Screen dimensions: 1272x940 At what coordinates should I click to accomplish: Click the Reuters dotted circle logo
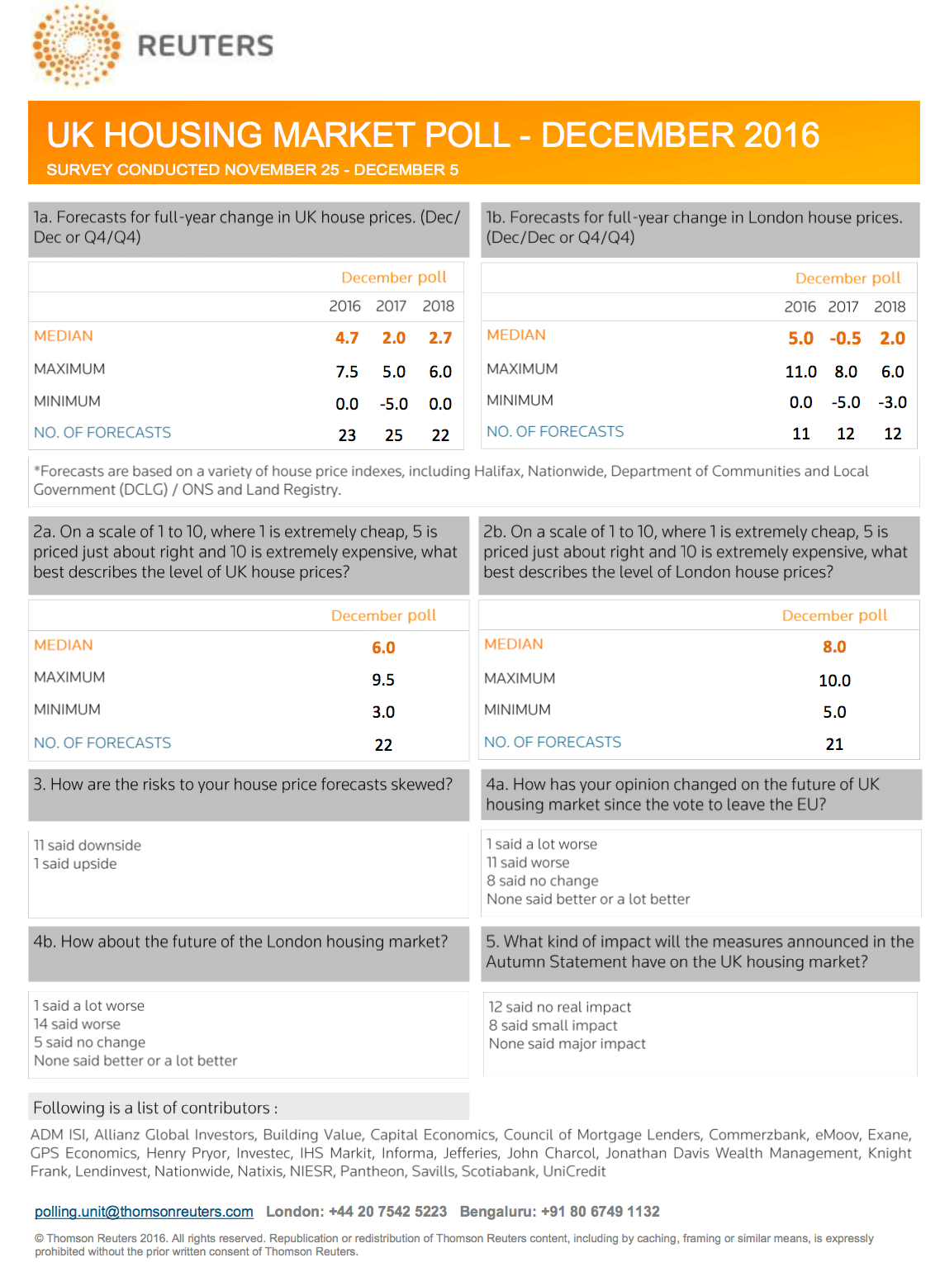[x=76, y=45]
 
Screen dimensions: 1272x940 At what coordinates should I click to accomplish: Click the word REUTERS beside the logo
[x=205, y=46]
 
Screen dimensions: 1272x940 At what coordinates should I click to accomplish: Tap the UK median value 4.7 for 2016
[x=347, y=338]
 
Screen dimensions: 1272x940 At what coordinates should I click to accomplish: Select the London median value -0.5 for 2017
[x=845, y=339]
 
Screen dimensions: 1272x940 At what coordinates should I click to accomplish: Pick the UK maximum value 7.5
[x=347, y=372]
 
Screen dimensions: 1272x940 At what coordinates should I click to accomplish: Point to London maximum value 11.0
[x=800, y=372]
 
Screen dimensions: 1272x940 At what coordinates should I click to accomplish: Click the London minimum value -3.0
[x=892, y=402]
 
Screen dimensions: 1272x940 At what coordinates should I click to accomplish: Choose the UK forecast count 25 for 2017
[x=394, y=435]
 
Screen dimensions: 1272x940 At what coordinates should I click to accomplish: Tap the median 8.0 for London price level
[x=834, y=647]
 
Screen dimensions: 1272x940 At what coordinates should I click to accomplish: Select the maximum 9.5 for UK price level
[x=383, y=680]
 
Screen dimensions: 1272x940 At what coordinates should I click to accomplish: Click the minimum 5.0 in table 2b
[x=834, y=712]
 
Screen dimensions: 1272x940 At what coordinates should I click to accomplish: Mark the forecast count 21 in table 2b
[x=834, y=744]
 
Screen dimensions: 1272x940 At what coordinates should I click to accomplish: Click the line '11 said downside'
[x=88, y=845]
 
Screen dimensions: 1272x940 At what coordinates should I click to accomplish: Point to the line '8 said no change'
[x=543, y=880]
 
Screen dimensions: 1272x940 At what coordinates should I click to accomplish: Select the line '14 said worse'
[x=77, y=1024]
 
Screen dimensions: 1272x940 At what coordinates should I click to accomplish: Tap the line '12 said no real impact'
[x=560, y=1007]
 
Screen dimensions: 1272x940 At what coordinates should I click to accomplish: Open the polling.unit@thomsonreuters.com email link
[x=144, y=1212]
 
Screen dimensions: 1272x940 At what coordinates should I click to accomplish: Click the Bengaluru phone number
[x=601, y=1212]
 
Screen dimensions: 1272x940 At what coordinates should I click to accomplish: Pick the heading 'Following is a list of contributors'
[x=155, y=1108]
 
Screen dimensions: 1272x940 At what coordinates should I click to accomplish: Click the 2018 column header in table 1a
[x=439, y=306]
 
